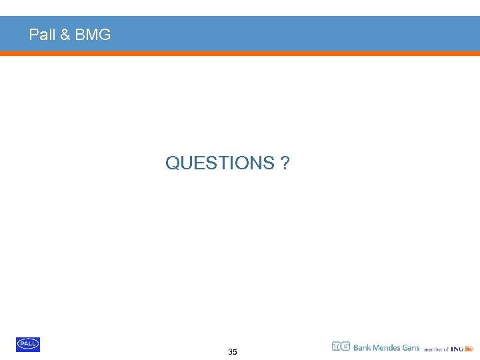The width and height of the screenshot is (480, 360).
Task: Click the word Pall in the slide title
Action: (42, 35)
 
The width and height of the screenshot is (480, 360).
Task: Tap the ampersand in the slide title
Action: (65, 35)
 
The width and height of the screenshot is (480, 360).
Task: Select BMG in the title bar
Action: (93, 35)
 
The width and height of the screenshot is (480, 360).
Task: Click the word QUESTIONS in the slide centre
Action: (219, 163)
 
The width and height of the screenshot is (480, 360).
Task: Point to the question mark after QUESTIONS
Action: (285, 163)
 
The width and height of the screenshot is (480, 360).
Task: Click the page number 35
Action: (232, 352)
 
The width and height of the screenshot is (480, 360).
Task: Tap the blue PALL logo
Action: (28, 344)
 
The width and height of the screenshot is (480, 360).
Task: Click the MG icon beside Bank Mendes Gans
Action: (341, 347)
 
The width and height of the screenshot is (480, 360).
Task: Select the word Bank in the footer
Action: (363, 347)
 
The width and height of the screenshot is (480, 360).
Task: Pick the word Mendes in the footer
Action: (388, 347)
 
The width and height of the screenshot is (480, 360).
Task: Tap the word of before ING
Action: (446, 349)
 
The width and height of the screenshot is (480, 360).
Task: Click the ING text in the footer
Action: (457, 349)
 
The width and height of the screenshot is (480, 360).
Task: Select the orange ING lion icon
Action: (469, 348)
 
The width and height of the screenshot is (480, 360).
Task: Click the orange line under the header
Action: (240, 53)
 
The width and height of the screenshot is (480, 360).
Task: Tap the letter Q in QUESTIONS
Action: (171, 163)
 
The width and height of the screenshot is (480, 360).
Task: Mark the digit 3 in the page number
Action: (230, 352)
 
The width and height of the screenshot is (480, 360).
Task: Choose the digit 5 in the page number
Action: (235, 352)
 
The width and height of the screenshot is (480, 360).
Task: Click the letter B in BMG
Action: (79, 35)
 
